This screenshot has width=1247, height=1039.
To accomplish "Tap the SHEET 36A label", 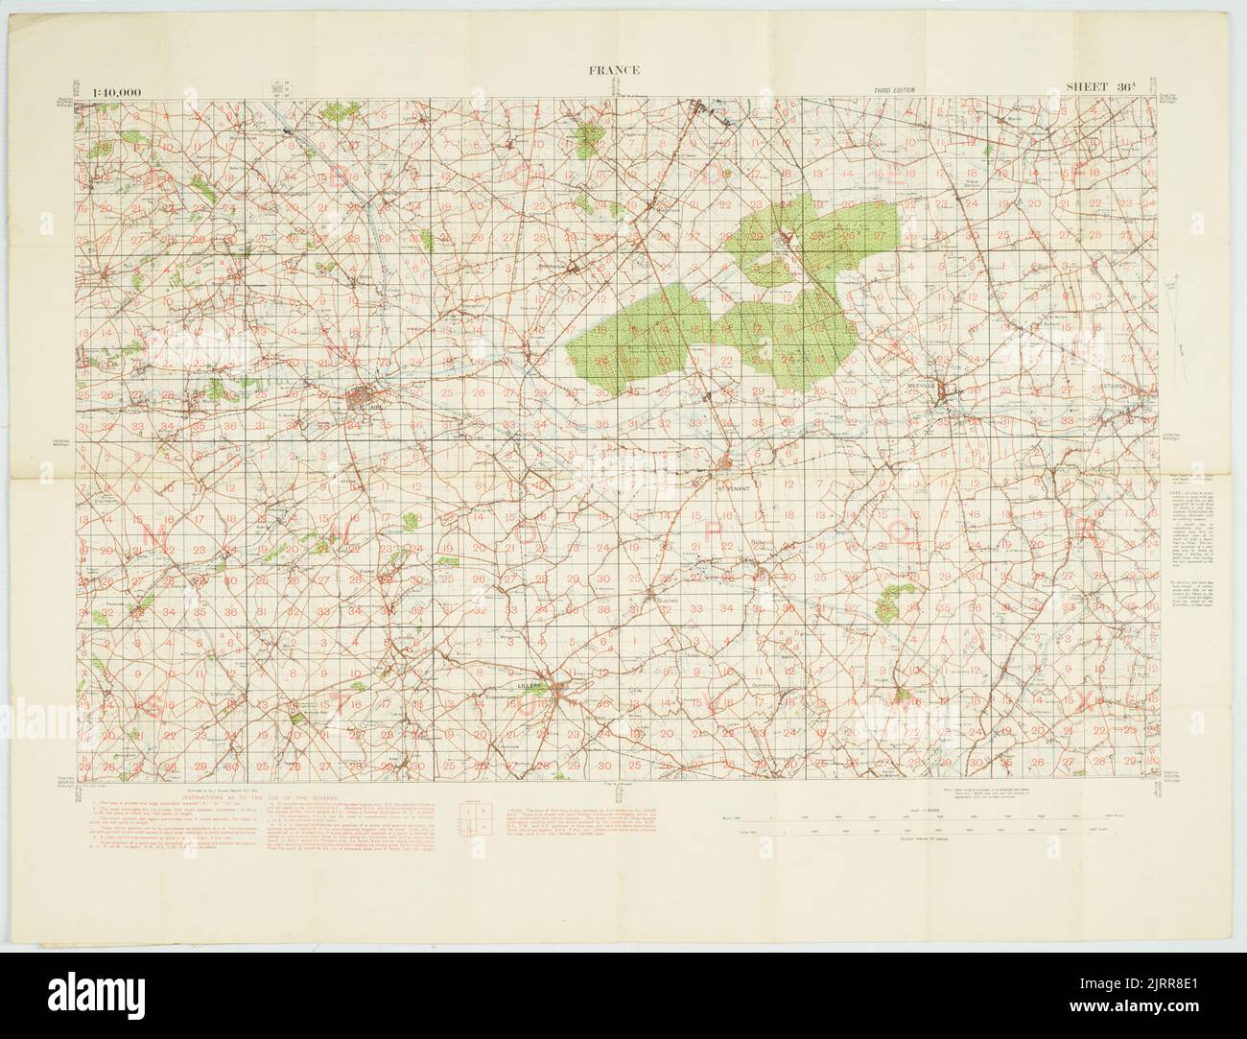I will click(x=1101, y=88).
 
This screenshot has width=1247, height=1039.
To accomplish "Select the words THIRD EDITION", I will click(x=894, y=90).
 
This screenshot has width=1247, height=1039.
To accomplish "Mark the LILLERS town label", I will click(x=529, y=686).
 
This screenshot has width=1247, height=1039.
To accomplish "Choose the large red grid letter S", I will click(x=155, y=707).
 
